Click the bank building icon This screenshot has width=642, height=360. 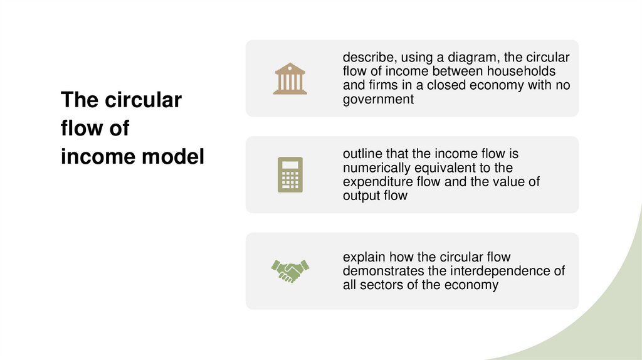tap(290, 78)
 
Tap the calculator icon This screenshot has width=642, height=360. tap(290, 174)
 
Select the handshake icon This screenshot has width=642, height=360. tap(290, 270)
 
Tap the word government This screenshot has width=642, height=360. tap(378, 99)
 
